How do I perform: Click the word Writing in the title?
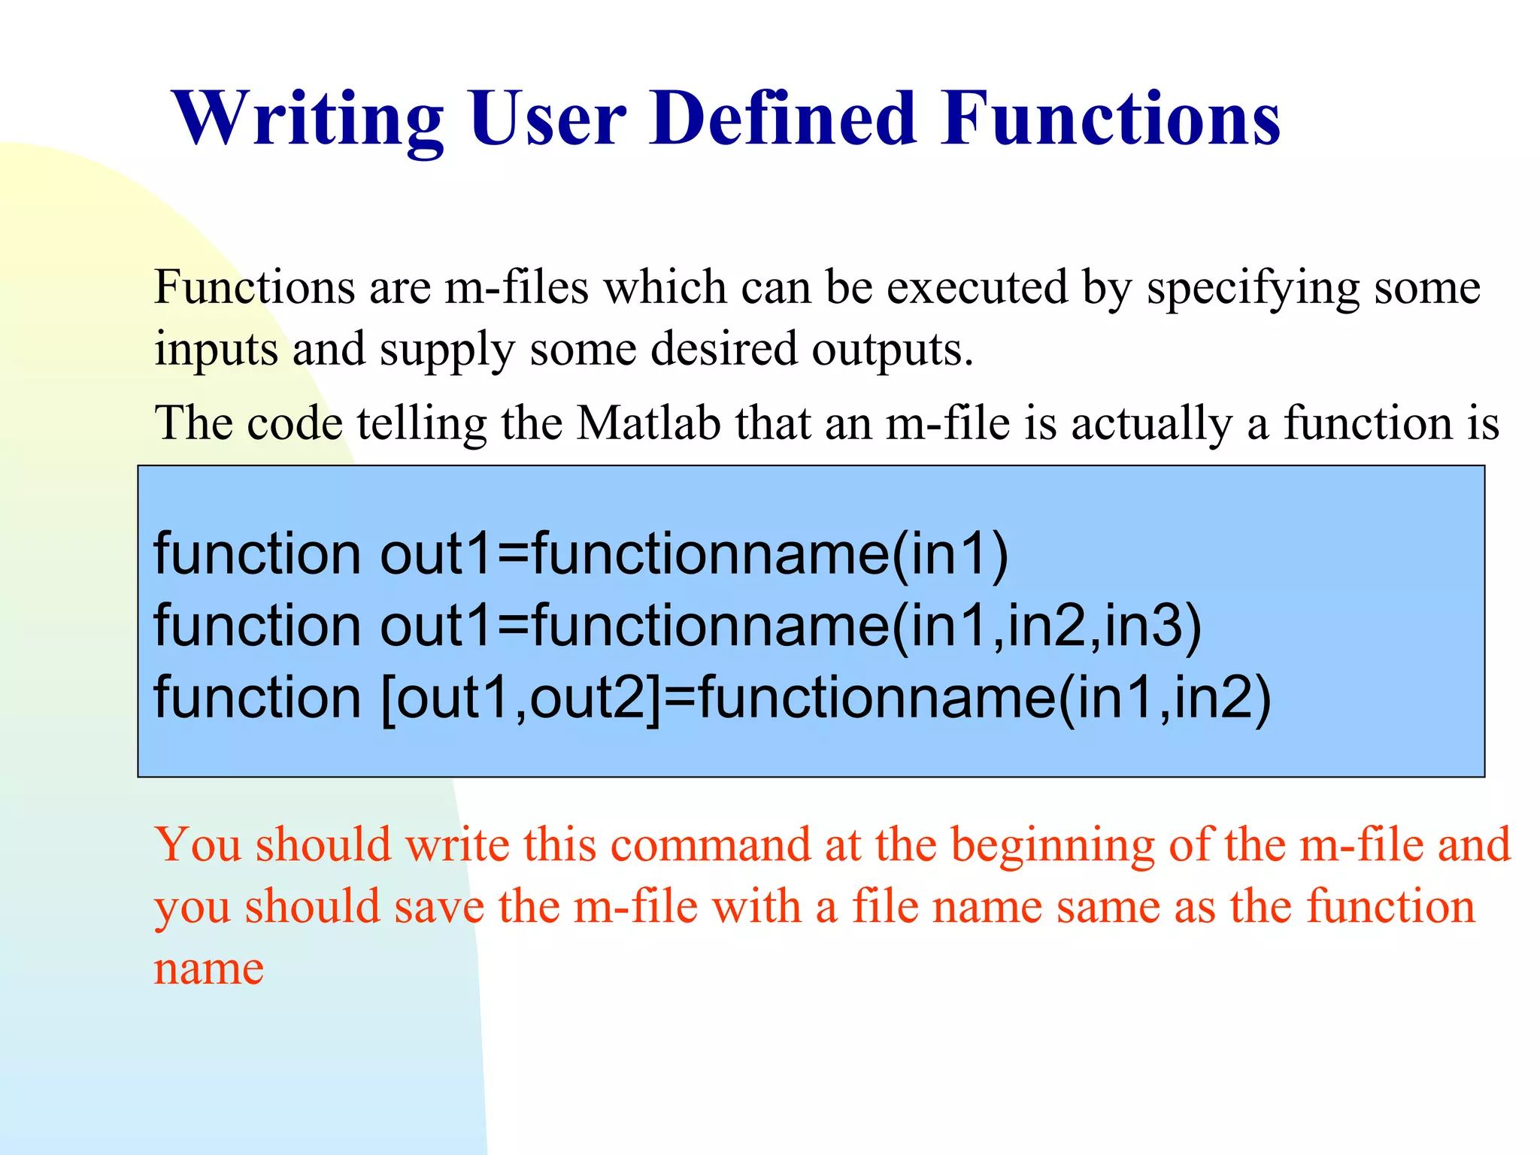(308, 119)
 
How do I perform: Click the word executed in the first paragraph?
(977, 288)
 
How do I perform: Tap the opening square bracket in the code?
(389, 699)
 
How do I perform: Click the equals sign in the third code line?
(680, 699)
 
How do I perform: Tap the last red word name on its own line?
(209, 969)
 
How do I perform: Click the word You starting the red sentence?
(198, 845)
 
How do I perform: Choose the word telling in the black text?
(422, 424)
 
